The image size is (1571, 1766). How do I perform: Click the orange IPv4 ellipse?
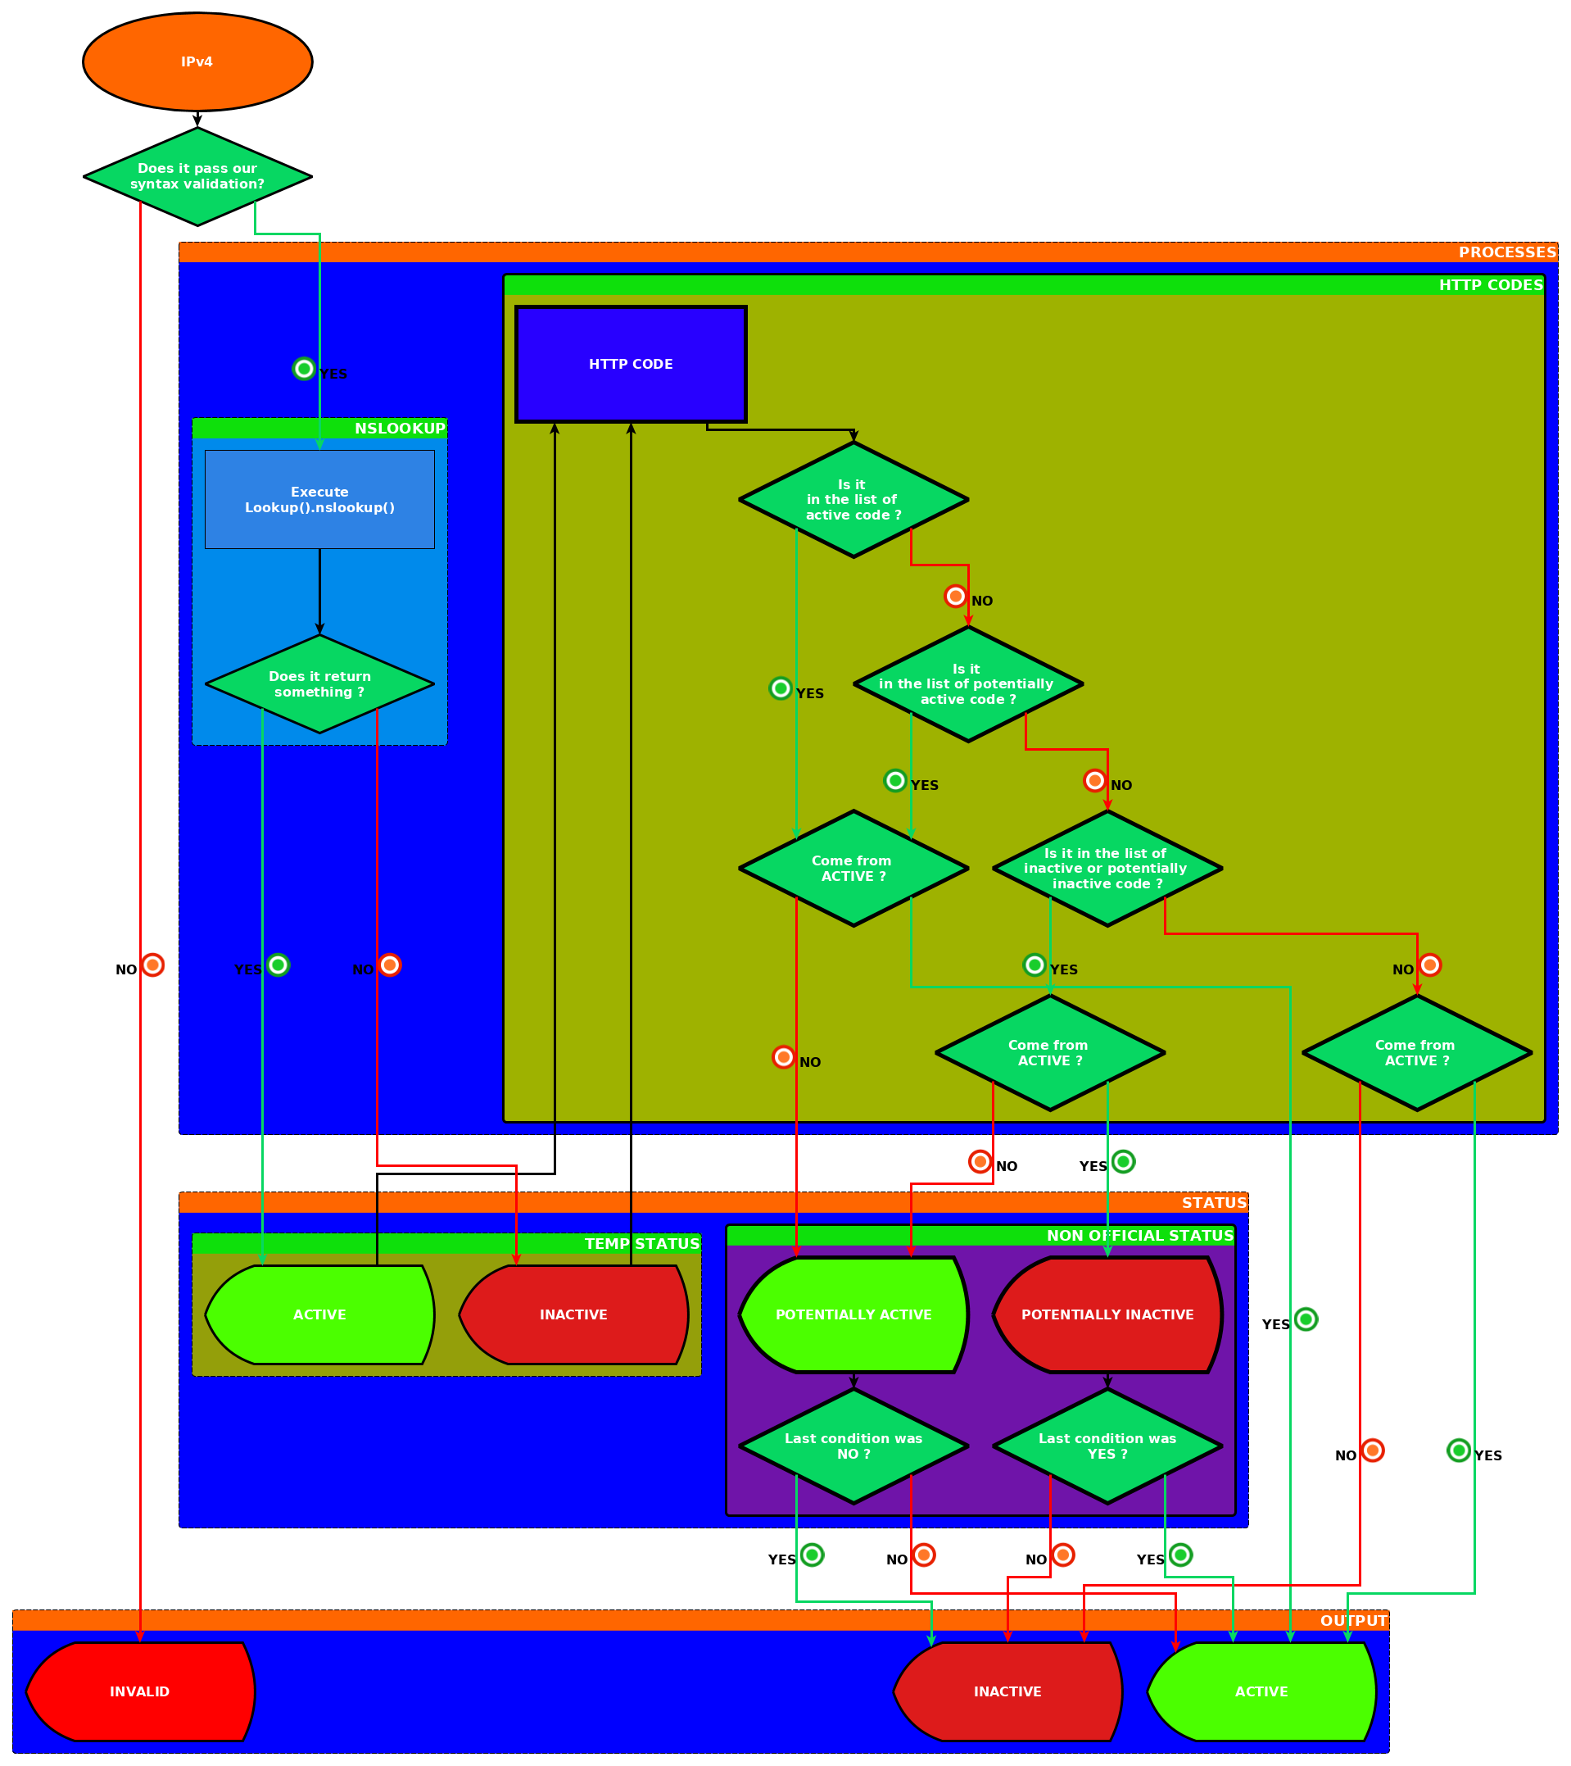[x=197, y=62]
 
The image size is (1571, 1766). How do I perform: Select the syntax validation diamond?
[x=197, y=176]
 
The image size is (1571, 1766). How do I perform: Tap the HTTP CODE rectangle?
[x=631, y=365]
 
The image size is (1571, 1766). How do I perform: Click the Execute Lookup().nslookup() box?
[x=319, y=499]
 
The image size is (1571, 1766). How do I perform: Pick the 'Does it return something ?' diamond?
[x=319, y=684]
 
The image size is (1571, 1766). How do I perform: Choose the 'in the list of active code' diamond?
[x=853, y=500]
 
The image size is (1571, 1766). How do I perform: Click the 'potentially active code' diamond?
[x=967, y=684]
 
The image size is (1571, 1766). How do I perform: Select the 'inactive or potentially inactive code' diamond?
[x=1107, y=869]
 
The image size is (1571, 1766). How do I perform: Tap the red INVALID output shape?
[x=140, y=1691]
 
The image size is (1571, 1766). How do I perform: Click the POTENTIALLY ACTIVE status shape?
[x=853, y=1315]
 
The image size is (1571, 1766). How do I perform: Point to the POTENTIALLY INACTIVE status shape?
[x=1107, y=1315]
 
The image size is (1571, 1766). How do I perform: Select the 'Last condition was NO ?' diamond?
[x=853, y=1446]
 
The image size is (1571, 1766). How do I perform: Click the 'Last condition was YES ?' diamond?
[x=1107, y=1446]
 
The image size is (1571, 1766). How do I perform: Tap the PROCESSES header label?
[x=1506, y=252]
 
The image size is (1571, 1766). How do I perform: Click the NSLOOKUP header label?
[x=400, y=429]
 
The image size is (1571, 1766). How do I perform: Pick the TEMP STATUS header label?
[x=641, y=1244]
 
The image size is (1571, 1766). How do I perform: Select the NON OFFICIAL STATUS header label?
[x=1139, y=1237]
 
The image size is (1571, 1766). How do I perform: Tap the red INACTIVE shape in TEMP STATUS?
[x=573, y=1315]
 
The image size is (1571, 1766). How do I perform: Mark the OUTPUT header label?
[x=1352, y=1621]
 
